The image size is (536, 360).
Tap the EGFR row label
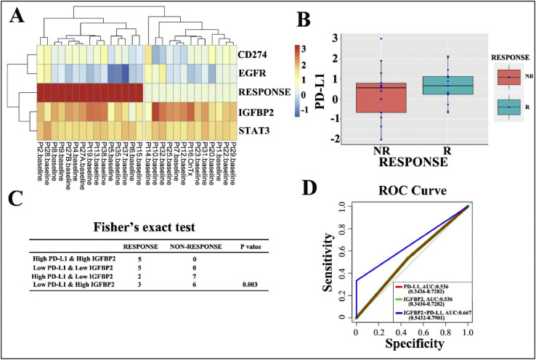(253, 73)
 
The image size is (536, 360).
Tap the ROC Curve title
(416, 192)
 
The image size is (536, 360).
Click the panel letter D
(314, 192)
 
